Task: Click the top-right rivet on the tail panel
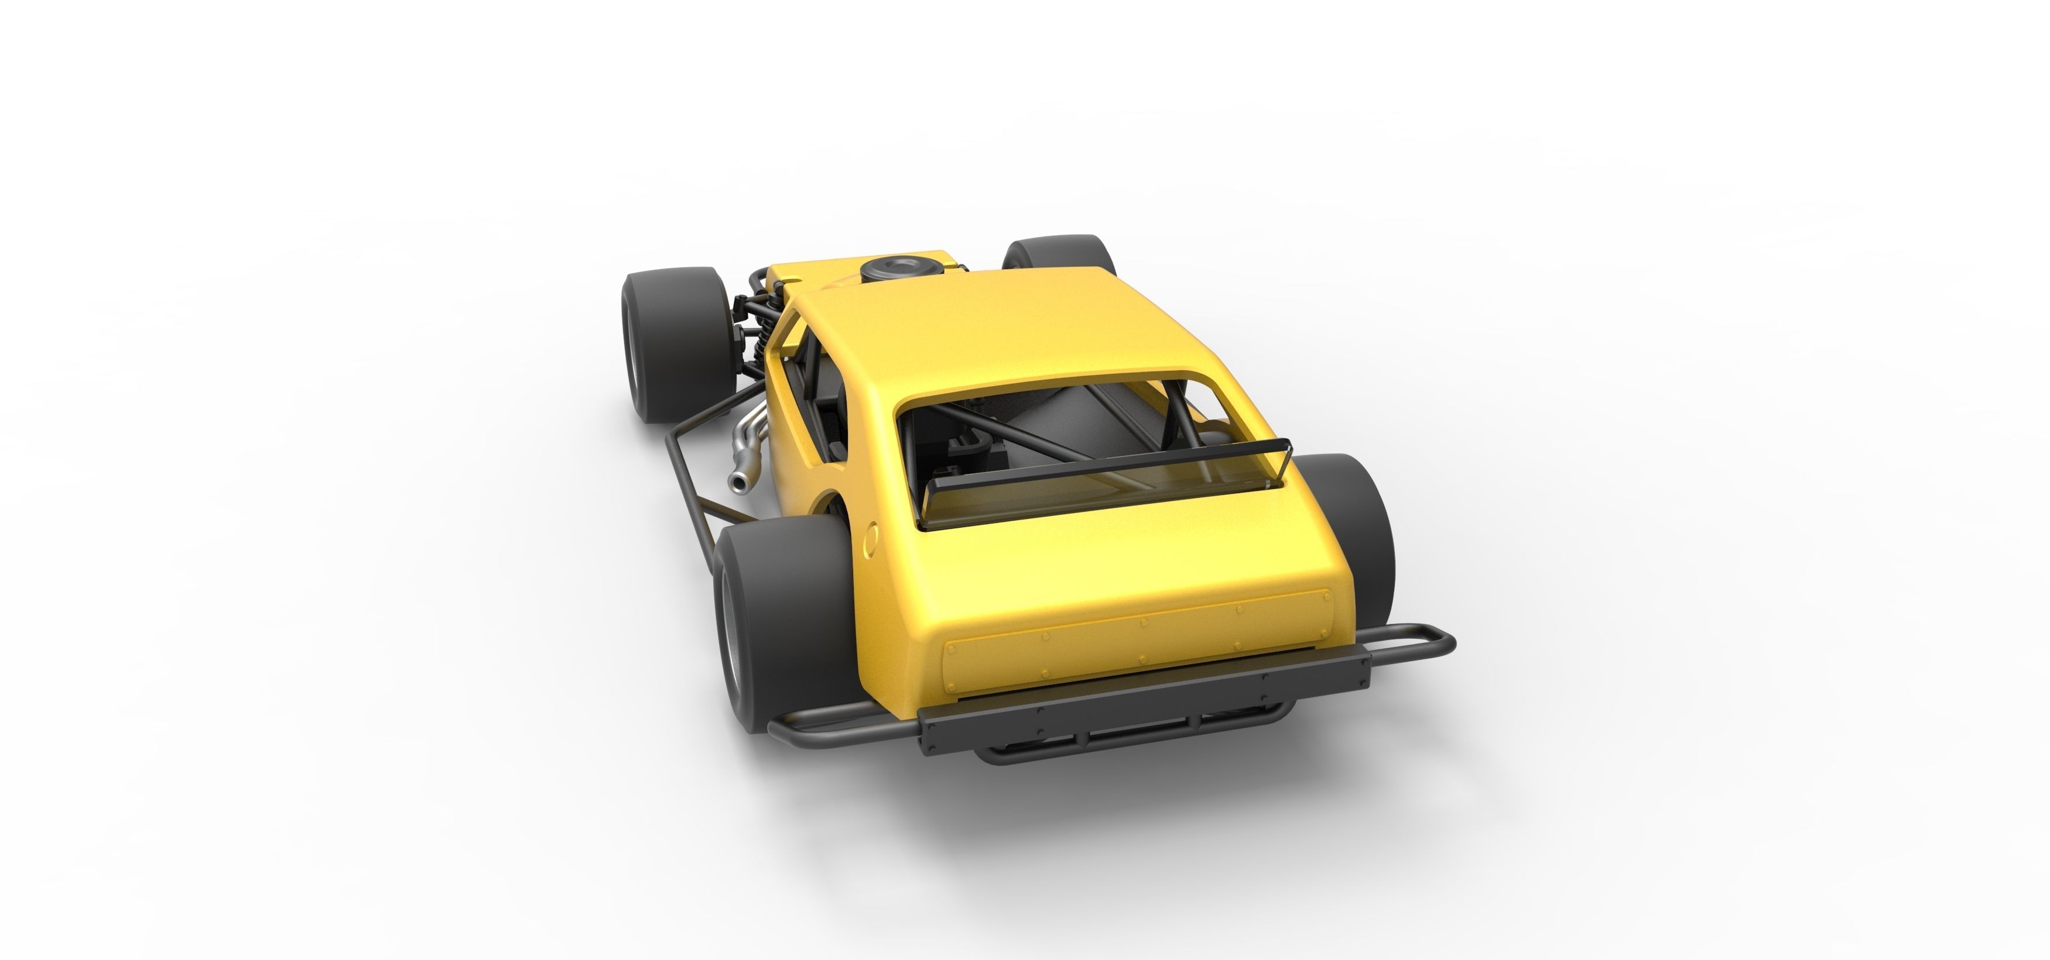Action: click(1325, 594)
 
